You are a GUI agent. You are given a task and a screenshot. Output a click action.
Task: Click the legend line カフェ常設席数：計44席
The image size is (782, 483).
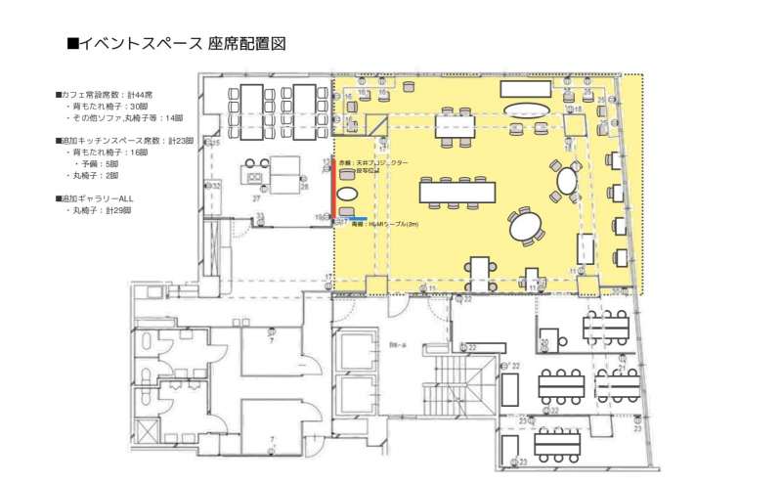105,95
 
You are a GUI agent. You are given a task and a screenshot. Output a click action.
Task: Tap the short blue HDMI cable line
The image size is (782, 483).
354,217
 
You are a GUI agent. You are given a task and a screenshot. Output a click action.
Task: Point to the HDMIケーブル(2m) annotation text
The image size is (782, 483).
390,224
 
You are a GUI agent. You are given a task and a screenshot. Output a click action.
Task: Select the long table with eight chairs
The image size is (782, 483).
457,190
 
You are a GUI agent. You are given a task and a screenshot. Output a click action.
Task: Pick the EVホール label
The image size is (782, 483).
397,345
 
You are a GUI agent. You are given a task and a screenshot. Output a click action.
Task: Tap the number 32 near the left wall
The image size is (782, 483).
216,184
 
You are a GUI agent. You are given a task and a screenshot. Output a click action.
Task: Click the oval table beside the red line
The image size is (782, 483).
348,193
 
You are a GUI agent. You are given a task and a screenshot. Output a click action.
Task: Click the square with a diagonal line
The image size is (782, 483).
377,124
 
